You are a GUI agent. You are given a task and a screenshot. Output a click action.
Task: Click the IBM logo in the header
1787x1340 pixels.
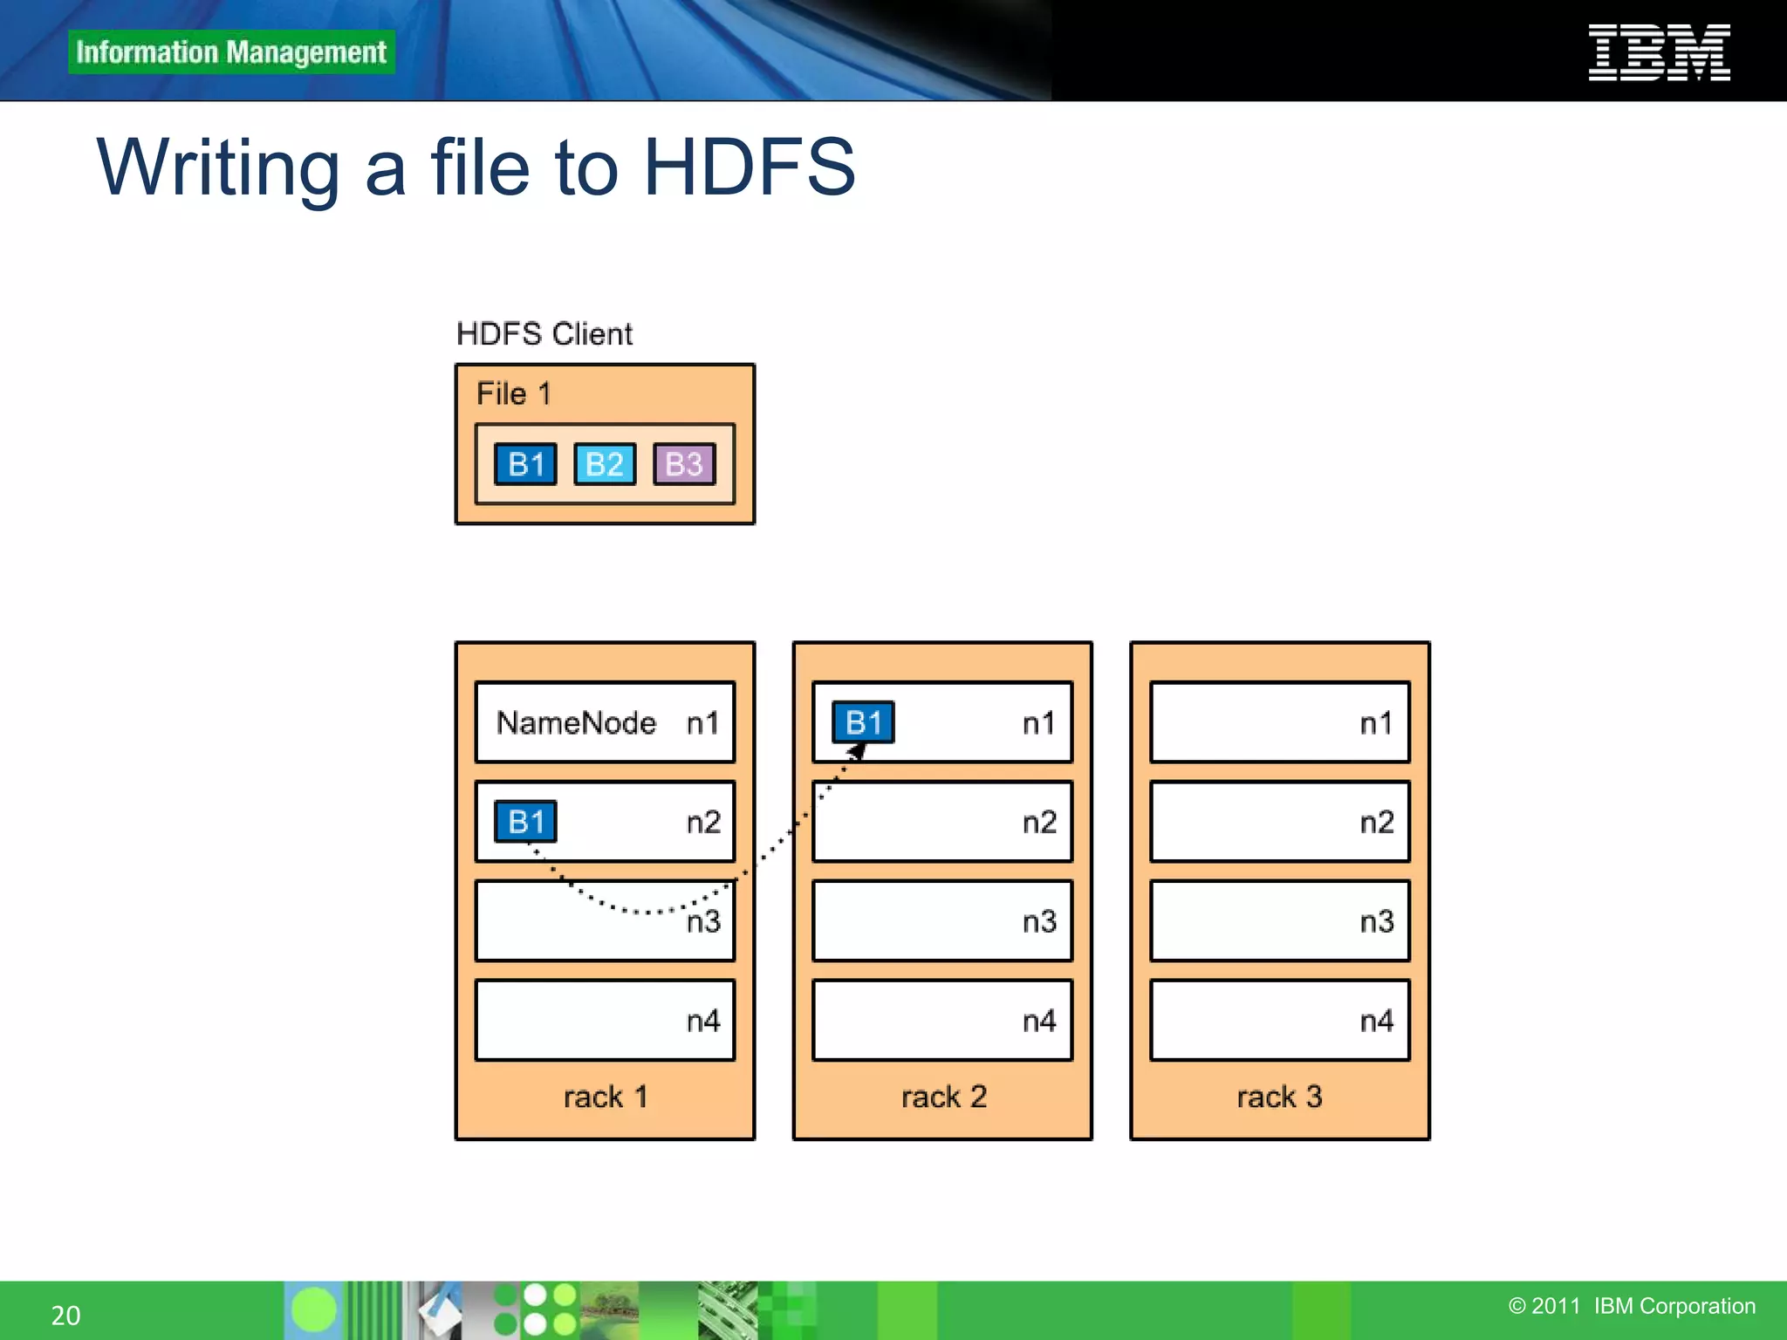[x=1659, y=52]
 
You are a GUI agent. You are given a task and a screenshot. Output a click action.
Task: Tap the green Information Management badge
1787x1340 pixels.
[x=231, y=52]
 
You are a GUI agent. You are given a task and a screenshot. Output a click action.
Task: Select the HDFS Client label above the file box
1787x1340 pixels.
[x=544, y=334]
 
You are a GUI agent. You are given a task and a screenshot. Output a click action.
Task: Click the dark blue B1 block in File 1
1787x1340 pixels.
[x=525, y=464]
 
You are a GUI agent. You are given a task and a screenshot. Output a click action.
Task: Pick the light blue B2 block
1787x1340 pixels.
[x=605, y=464]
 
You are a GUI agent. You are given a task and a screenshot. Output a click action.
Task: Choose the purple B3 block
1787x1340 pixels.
[x=684, y=464]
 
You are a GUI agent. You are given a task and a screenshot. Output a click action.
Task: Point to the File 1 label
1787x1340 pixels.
[x=513, y=393]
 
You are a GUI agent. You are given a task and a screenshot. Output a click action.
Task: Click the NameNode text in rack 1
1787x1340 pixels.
[x=576, y=722]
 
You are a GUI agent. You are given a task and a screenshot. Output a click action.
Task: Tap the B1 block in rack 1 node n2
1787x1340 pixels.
[x=525, y=822]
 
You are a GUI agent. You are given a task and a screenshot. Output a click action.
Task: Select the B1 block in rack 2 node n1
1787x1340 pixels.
[x=863, y=722]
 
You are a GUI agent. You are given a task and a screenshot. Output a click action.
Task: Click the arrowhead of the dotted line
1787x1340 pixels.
[x=858, y=751]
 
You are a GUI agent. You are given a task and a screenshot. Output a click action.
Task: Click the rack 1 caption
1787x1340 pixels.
[x=606, y=1097]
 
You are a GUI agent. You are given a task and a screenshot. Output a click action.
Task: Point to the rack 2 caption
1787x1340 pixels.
[x=943, y=1097]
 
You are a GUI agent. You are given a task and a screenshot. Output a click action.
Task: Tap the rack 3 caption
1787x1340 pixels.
[x=1279, y=1097]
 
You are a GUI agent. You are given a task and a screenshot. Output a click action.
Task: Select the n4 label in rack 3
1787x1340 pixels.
[x=1376, y=1021]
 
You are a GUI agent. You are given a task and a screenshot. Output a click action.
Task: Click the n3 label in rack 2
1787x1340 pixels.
[x=1039, y=921]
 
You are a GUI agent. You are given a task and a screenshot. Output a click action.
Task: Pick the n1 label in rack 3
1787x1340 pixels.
[x=1376, y=723]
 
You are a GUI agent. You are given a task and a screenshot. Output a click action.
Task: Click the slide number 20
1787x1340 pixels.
[x=66, y=1315]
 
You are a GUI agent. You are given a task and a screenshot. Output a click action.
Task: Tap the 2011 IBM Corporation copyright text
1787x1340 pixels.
[x=1632, y=1306]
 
